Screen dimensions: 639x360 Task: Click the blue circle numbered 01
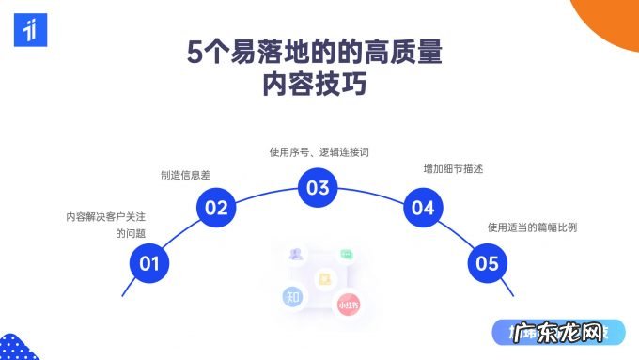click(x=149, y=263)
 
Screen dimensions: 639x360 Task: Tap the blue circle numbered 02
click(x=217, y=208)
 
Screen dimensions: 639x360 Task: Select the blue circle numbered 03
click(x=319, y=187)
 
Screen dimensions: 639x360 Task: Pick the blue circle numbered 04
click(x=423, y=208)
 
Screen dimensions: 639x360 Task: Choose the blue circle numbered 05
click(x=488, y=263)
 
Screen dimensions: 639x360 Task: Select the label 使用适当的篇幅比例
click(x=532, y=227)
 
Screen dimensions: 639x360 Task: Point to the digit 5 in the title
click(x=194, y=53)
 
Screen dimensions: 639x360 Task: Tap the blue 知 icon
click(x=293, y=297)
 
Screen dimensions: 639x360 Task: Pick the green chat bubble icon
click(x=346, y=254)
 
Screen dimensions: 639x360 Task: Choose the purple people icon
click(x=297, y=254)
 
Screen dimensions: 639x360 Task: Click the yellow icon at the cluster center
click(x=325, y=278)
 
